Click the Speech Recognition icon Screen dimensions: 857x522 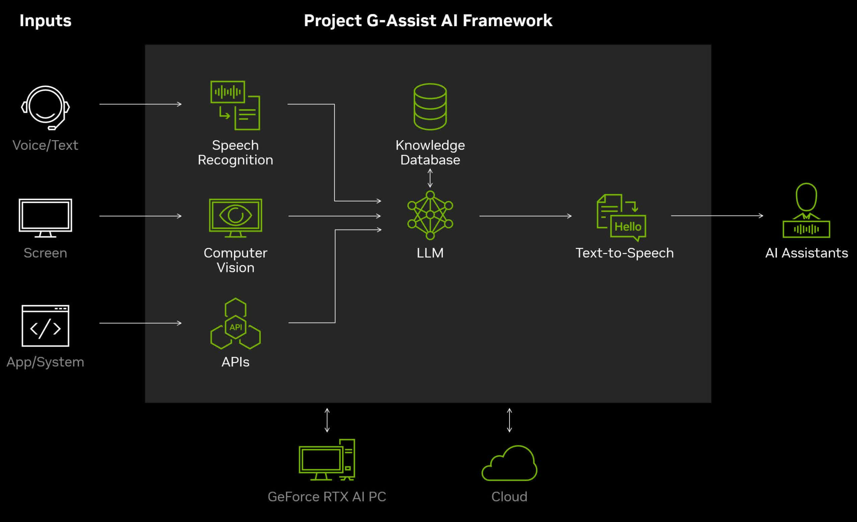click(x=235, y=105)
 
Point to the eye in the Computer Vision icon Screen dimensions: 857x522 click(x=235, y=215)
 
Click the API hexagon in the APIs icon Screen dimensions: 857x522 click(x=235, y=327)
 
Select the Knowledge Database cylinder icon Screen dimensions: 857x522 click(x=430, y=107)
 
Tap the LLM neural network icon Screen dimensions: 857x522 click(x=430, y=215)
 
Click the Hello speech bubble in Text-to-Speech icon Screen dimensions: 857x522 click(x=628, y=227)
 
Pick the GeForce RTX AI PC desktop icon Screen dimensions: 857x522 click(x=327, y=460)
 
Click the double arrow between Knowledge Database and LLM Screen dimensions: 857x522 click(x=430, y=178)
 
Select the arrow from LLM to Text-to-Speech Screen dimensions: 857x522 click(x=526, y=216)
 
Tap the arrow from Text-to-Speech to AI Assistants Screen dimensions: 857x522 click(x=717, y=215)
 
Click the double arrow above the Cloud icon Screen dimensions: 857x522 click(x=510, y=420)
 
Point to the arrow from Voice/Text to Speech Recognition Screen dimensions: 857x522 click(x=141, y=104)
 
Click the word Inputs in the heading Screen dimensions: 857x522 click(x=46, y=20)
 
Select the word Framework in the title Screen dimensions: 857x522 click(x=508, y=20)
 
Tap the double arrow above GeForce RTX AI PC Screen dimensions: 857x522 click(x=327, y=420)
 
